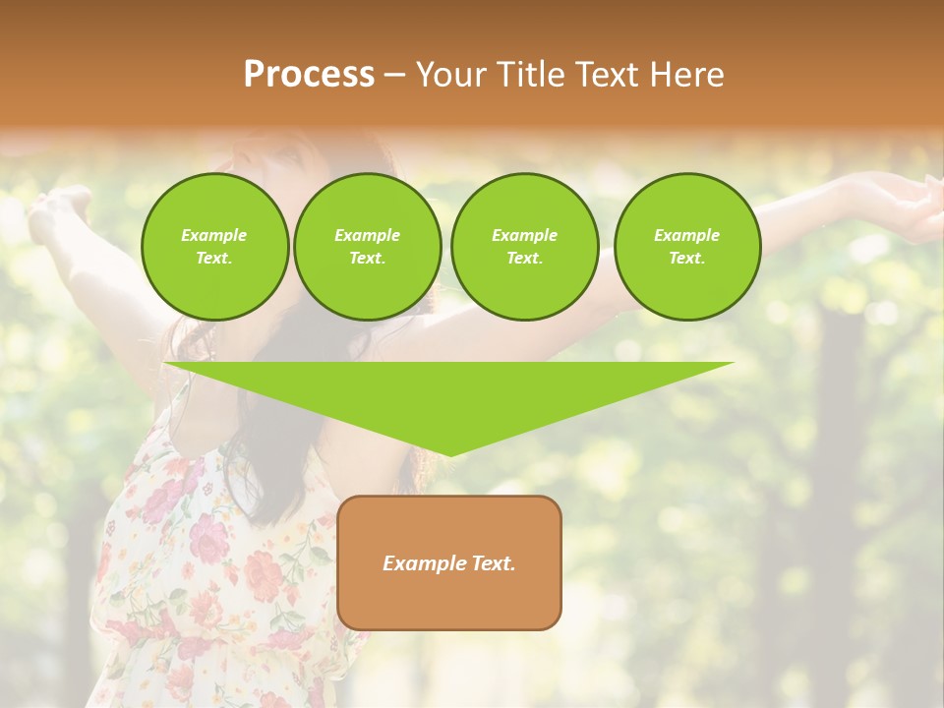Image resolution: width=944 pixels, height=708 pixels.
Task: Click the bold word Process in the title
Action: pyautogui.click(x=309, y=75)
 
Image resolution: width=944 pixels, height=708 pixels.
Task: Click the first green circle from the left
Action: pyautogui.click(x=214, y=247)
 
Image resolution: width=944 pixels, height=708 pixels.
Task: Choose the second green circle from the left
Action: pyautogui.click(x=367, y=247)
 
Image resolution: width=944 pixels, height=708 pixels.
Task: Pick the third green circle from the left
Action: pyautogui.click(x=524, y=247)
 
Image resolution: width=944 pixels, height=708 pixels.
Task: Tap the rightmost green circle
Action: pyautogui.click(x=686, y=247)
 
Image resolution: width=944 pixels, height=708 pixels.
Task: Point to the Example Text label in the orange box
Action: pyautogui.click(x=449, y=563)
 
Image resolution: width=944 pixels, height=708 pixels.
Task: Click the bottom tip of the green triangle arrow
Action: pyautogui.click(x=449, y=454)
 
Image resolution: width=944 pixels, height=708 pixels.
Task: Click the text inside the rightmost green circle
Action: pyautogui.click(x=686, y=247)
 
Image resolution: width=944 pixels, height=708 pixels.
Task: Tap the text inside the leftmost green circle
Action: pyautogui.click(x=214, y=247)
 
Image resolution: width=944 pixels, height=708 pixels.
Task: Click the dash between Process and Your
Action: pyautogui.click(x=395, y=76)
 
